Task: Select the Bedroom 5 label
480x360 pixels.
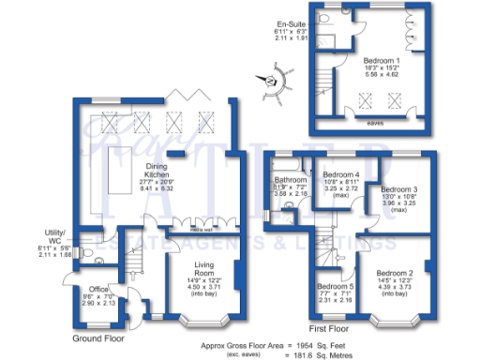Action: click(x=335, y=287)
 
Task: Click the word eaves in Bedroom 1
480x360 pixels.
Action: click(x=373, y=121)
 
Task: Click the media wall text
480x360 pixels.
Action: click(x=200, y=228)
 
